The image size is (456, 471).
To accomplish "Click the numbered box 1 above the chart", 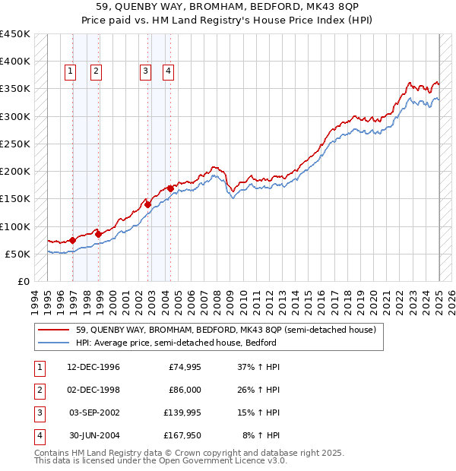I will pyautogui.click(x=70, y=71).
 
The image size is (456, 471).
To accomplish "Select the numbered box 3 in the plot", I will pyautogui.click(x=144, y=71).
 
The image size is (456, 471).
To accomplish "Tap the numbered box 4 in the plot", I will pyautogui.click(x=167, y=71).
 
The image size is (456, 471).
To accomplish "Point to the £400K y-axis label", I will pyautogui.click(x=15, y=62).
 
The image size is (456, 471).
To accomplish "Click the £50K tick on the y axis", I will pyautogui.click(x=18, y=254).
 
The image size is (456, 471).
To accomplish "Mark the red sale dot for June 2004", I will pyautogui.click(x=171, y=188).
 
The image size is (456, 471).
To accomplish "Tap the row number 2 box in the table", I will pyautogui.click(x=38, y=390).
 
